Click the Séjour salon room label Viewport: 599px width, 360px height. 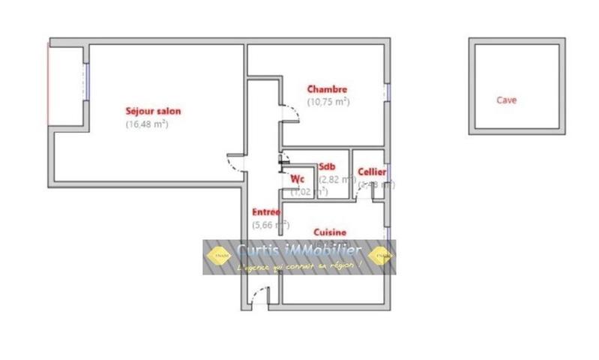coord(152,111)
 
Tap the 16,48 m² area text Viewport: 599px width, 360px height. coord(146,124)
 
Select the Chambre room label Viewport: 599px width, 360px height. coord(327,89)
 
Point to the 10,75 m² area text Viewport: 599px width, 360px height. coord(328,102)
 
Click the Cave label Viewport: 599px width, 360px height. coord(506,100)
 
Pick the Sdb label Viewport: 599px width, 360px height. coord(327,166)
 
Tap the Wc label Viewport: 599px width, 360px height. coord(297,178)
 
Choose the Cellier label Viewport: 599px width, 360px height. coord(372,172)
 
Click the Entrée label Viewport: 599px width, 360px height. coord(265,212)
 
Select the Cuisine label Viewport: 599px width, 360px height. coord(330,232)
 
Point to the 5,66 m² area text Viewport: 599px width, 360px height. coord(271,224)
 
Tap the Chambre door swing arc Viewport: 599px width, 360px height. coord(290,112)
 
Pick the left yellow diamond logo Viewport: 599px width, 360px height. coord(219,256)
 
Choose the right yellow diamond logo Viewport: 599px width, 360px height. coord(379,256)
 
